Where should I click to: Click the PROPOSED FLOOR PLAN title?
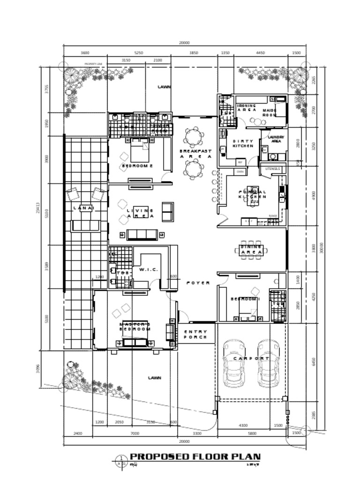(195, 457)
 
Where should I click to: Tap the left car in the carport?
(233, 363)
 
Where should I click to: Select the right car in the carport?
(268, 363)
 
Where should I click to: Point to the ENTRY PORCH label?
(195, 334)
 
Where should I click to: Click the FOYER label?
(198, 283)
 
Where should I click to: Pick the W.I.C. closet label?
(148, 270)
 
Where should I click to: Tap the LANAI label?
(83, 208)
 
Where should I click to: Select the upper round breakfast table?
(193, 137)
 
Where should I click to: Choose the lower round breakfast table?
(193, 169)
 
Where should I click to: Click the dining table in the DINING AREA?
(252, 252)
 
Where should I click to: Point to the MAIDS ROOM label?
(270, 112)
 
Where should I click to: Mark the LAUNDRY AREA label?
(276, 139)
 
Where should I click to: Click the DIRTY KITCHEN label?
(243, 143)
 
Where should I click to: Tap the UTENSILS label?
(272, 168)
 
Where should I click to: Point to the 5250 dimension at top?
(139, 53)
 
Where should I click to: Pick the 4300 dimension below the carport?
(243, 425)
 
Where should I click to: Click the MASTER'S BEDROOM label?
(135, 327)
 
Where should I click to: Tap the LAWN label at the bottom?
(155, 377)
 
